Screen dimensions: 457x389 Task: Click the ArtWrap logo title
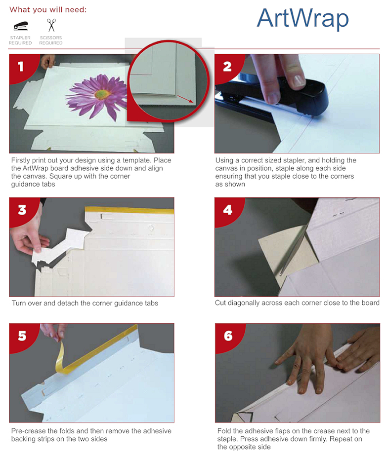click(x=303, y=19)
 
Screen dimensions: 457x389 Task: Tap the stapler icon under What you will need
click(x=20, y=26)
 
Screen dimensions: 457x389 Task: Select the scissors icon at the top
click(x=51, y=25)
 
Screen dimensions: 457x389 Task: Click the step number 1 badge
click(x=20, y=66)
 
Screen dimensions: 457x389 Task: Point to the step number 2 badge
click(x=227, y=66)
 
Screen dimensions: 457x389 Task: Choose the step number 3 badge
click(x=22, y=210)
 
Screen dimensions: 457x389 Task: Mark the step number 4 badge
click(x=227, y=210)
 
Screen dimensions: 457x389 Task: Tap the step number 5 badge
click(x=22, y=336)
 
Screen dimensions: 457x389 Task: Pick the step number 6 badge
click(x=228, y=336)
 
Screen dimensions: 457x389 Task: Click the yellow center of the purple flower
click(x=101, y=93)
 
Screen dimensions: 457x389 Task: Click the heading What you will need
click(x=48, y=9)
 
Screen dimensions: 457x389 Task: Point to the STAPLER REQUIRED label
click(x=20, y=40)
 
